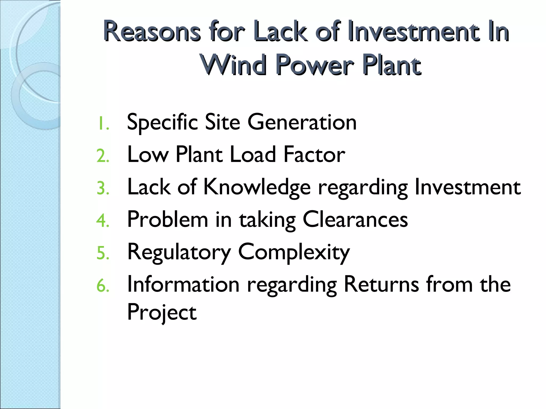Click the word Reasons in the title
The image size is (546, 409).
coord(151,31)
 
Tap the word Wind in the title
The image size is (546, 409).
coord(234,65)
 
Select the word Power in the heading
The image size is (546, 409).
coord(315,65)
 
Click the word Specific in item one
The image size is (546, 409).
coord(162,123)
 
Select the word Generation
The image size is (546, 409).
coord(302,122)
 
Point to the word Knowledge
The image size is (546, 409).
coord(257,188)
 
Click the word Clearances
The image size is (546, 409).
coord(355,220)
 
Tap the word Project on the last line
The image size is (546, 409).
coord(162,312)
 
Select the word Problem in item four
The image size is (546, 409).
coord(167,220)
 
